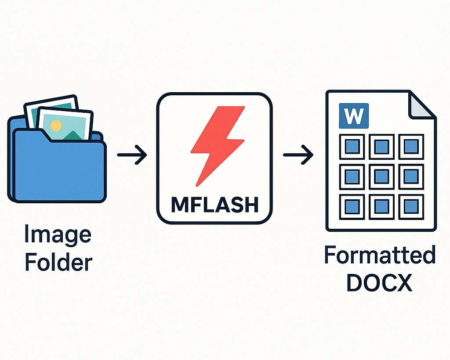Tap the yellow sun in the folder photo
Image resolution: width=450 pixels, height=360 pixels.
coord(56,126)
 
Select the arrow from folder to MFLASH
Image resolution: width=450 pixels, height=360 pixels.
coord(132,155)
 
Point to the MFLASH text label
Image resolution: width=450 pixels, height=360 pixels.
coord(214,205)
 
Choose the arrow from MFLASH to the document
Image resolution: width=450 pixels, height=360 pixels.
coord(298,155)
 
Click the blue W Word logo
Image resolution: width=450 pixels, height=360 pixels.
coord(354,116)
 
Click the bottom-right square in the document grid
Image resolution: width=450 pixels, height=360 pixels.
coord(411,205)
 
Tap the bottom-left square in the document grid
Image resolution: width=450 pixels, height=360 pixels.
coord(352,205)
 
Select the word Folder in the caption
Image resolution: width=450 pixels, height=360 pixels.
coord(58,262)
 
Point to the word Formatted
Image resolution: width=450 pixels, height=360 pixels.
coord(380,256)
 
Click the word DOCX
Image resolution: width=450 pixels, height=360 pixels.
coord(380,283)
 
